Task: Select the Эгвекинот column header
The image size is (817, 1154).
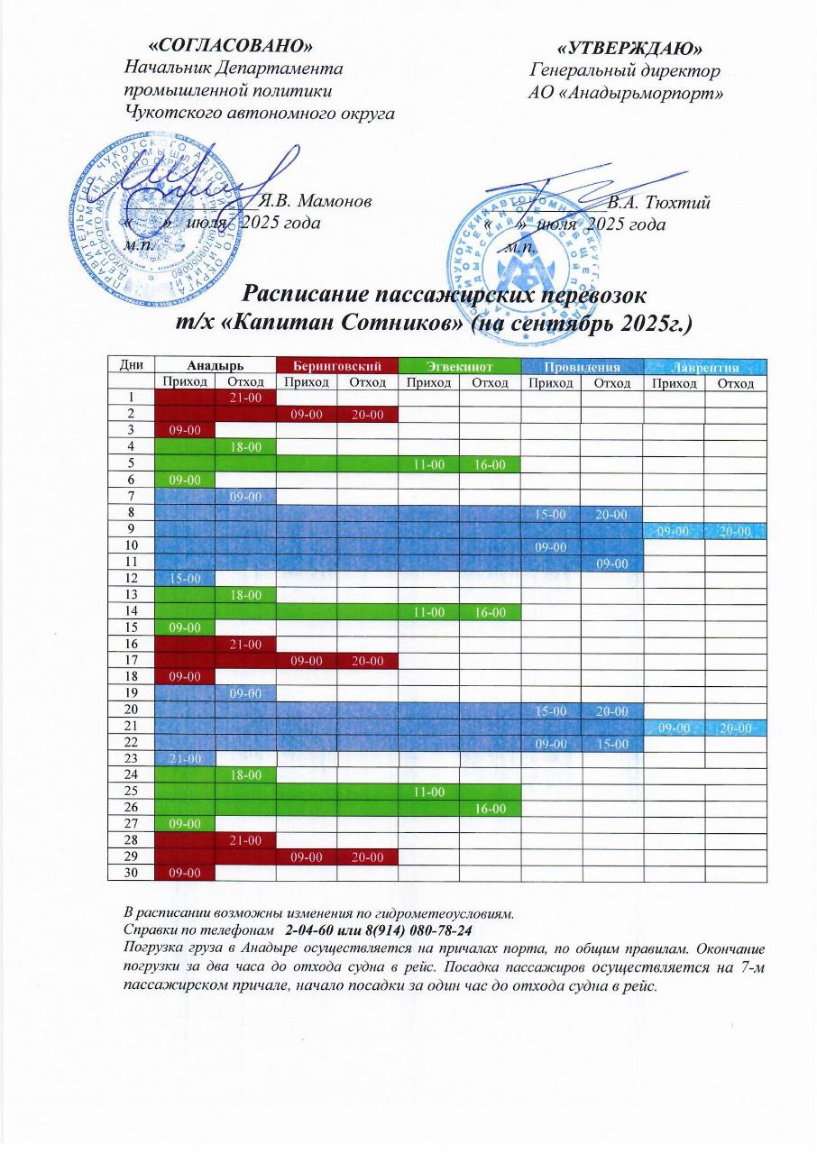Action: tap(459, 366)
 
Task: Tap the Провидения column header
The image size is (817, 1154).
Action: tap(582, 366)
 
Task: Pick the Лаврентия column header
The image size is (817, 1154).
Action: tap(704, 366)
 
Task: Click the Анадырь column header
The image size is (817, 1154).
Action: tap(215, 366)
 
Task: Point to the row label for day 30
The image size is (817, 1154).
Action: tap(131, 872)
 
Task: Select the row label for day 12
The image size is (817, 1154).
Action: tap(131, 579)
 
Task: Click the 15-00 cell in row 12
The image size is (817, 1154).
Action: tap(184, 579)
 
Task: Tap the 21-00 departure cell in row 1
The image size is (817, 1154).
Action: tap(245, 398)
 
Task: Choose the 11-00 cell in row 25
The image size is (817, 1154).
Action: tap(428, 791)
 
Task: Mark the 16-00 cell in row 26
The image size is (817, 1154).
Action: tap(490, 807)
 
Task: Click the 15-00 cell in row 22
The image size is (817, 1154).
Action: tap(612, 742)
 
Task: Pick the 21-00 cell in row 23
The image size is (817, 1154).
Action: tap(184, 758)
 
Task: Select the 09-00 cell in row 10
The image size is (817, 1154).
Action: tap(551, 546)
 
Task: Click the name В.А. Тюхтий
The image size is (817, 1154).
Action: tap(658, 203)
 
